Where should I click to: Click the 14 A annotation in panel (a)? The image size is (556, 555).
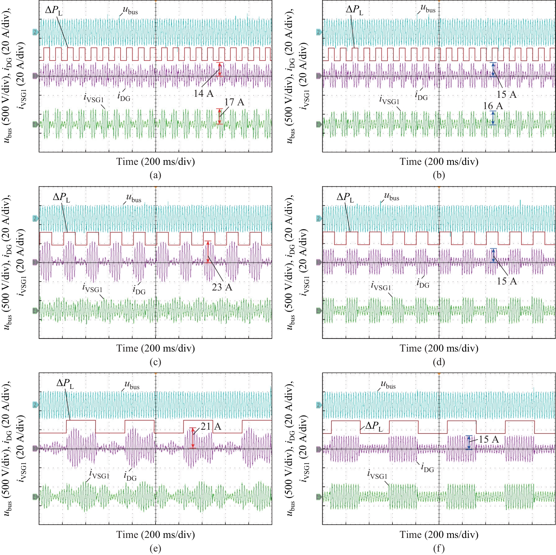(203, 93)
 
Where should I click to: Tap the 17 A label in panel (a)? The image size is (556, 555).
(234, 102)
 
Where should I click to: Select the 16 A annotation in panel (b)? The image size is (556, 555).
(493, 106)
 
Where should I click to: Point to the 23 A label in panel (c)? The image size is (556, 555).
(222, 287)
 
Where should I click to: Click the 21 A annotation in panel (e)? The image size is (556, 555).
(211, 427)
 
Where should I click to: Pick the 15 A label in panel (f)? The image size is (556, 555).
(489, 439)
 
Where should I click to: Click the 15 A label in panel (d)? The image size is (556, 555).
(507, 281)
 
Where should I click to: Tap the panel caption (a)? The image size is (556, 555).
(155, 175)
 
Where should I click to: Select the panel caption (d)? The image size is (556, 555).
(439, 362)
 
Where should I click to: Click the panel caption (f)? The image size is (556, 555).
(439, 548)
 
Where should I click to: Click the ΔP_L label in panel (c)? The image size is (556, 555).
(61, 197)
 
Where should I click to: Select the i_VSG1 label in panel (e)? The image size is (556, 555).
(99, 474)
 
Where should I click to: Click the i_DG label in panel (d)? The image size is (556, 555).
(423, 283)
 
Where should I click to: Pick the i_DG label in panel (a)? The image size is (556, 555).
(124, 97)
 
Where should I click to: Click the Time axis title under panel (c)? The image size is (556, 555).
(155, 348)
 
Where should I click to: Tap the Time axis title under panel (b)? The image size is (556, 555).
(439, 162)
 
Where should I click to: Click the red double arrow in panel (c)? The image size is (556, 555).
(208, 252)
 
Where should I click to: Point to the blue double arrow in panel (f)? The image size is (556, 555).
(469, 442)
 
